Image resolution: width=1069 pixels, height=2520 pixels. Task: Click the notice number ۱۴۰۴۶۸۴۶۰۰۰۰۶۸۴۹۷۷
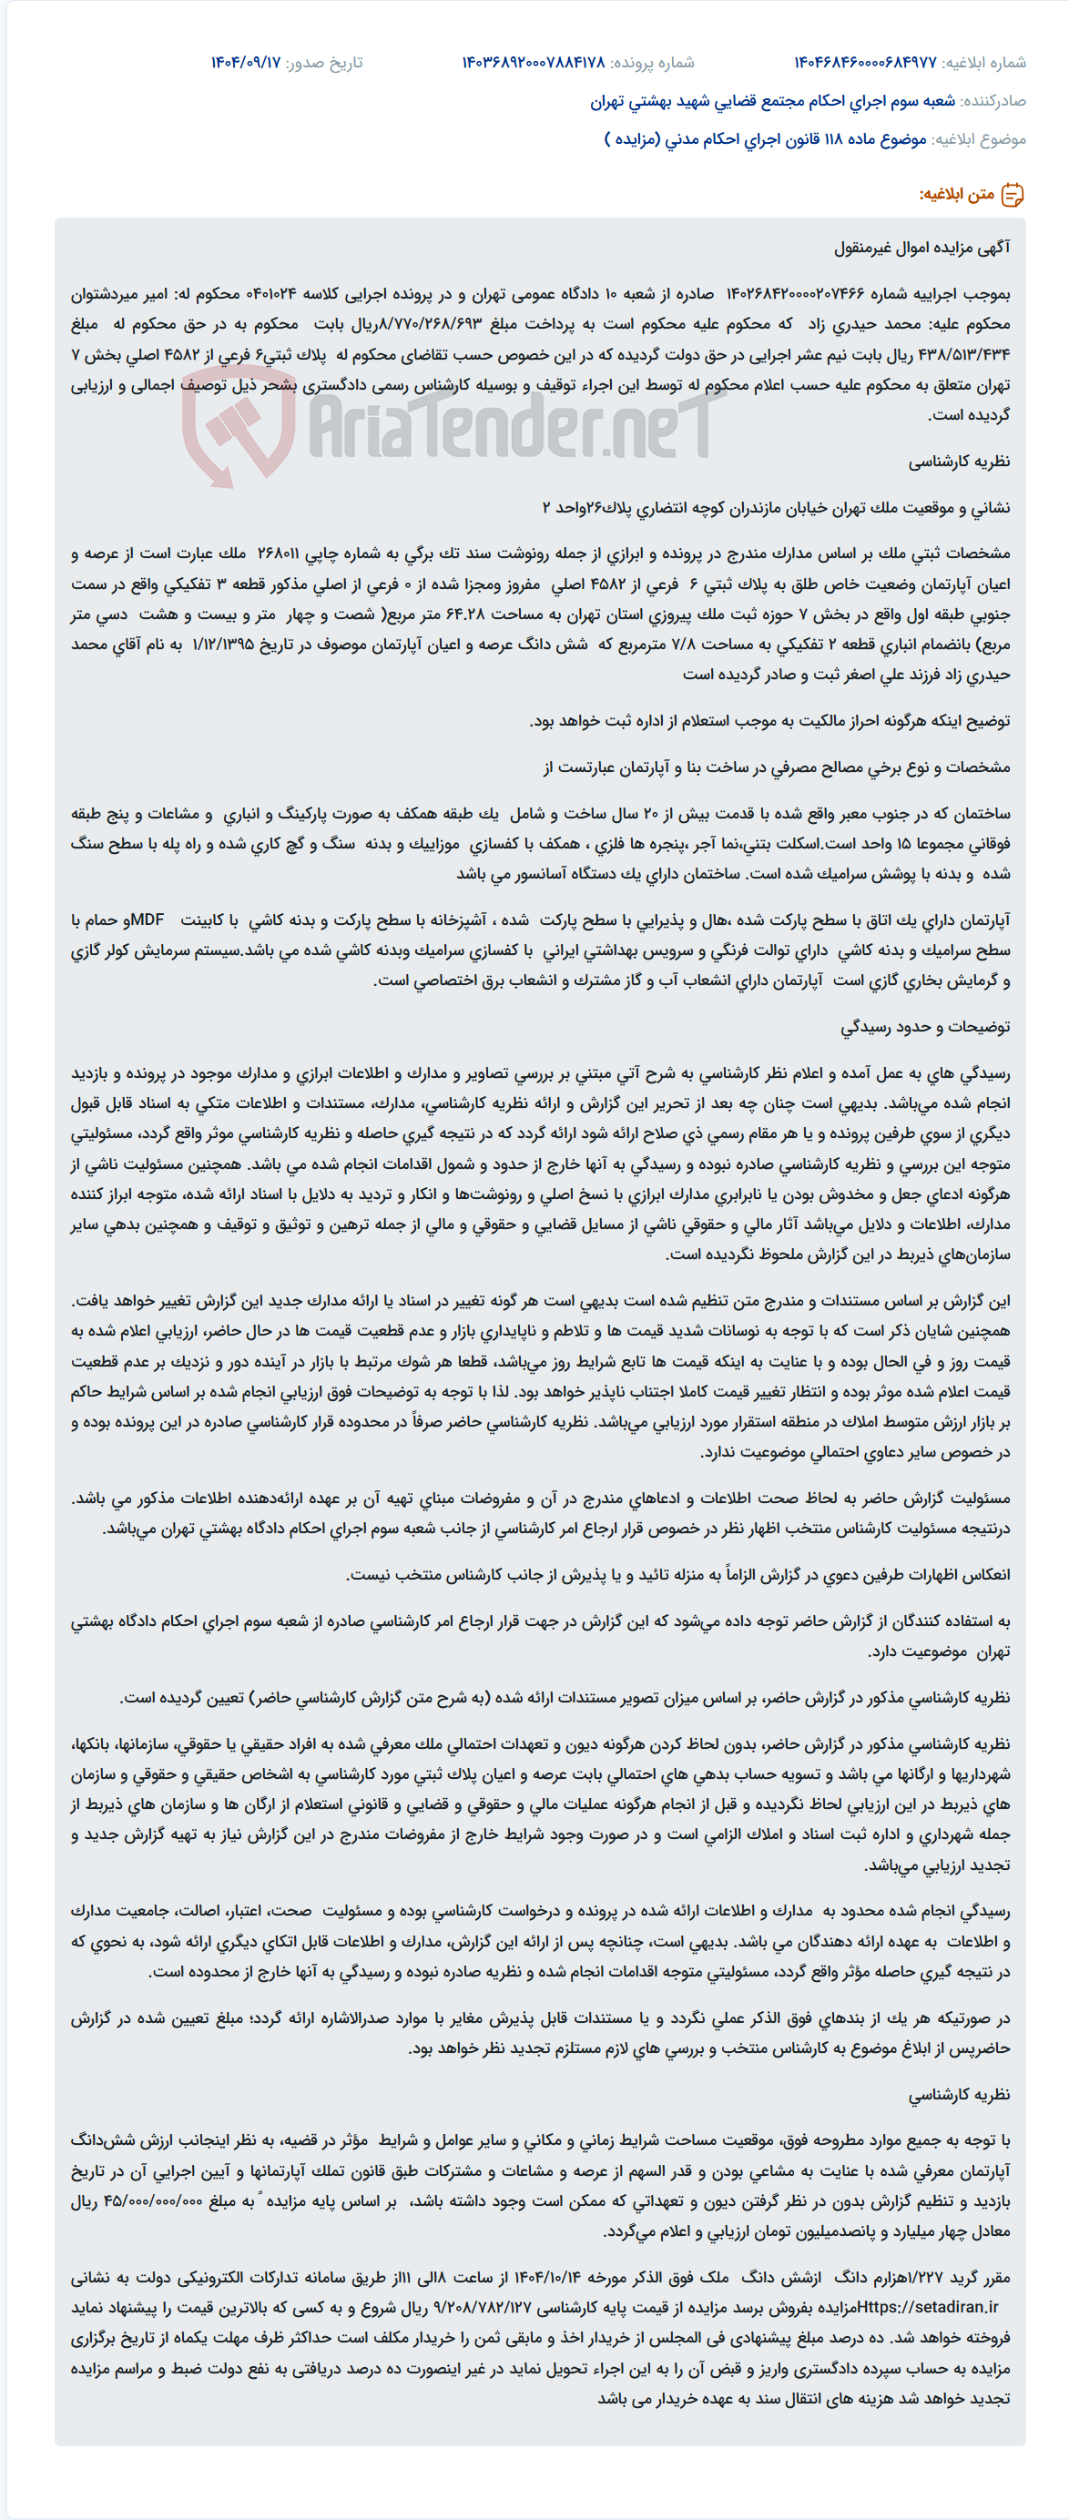(865, 63)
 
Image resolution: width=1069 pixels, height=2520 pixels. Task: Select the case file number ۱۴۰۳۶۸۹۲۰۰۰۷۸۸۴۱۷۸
(533, 63)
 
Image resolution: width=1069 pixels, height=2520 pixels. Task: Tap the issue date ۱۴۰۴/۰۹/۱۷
(246, 63)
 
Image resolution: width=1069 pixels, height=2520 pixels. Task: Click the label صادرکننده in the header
(993, 101)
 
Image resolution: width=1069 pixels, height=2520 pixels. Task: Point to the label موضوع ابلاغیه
(979, 139)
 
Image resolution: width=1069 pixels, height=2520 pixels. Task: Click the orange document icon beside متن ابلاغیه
(1013, 195)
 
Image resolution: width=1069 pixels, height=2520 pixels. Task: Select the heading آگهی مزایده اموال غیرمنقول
(922, 248)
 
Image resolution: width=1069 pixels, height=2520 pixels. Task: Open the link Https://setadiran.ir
(928, 2308)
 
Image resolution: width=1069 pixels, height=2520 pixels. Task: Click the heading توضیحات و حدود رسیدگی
(925, 1027)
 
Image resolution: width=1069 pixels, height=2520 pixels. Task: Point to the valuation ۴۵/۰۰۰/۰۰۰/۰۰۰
(163, 2201)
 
